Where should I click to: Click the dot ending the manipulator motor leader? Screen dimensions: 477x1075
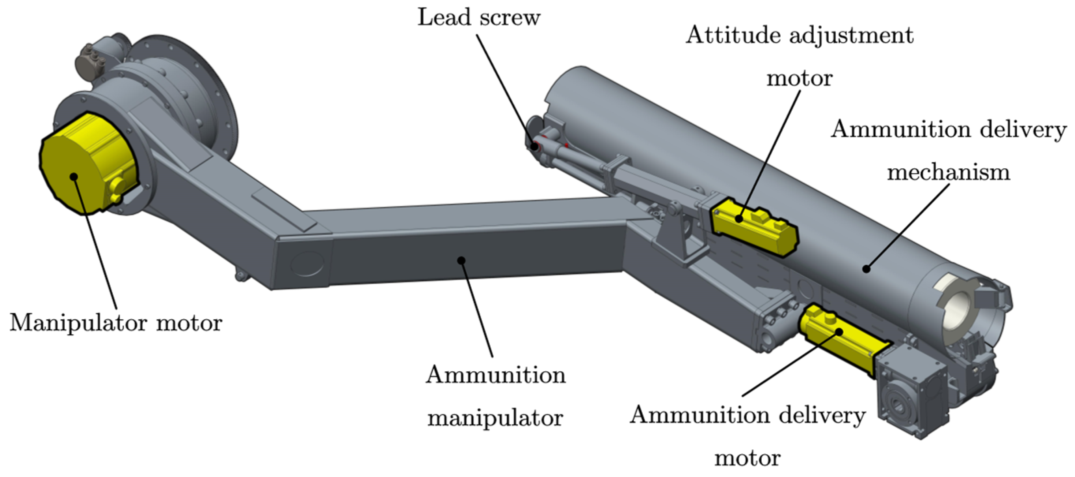[74, 176]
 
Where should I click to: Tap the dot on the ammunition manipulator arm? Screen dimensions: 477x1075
[461, 260]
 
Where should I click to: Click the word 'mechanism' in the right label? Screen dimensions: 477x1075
[948, 172]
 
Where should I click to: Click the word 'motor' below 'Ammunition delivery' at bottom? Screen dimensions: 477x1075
[748, 458]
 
